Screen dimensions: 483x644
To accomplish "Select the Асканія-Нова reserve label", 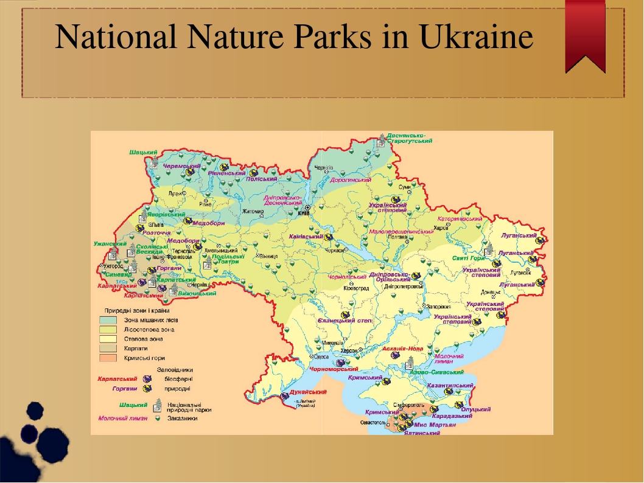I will pos(403,349).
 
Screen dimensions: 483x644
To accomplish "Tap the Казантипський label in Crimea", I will pos(450,386).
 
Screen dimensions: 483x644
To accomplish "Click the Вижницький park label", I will pos(197,293).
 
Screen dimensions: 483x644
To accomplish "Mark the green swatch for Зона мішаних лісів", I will pos(110,319).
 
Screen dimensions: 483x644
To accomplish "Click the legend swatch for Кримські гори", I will pos(110,358).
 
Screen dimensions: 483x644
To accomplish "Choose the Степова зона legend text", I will pos(144,339).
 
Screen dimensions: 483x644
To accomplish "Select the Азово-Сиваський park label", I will pos(437,372).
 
